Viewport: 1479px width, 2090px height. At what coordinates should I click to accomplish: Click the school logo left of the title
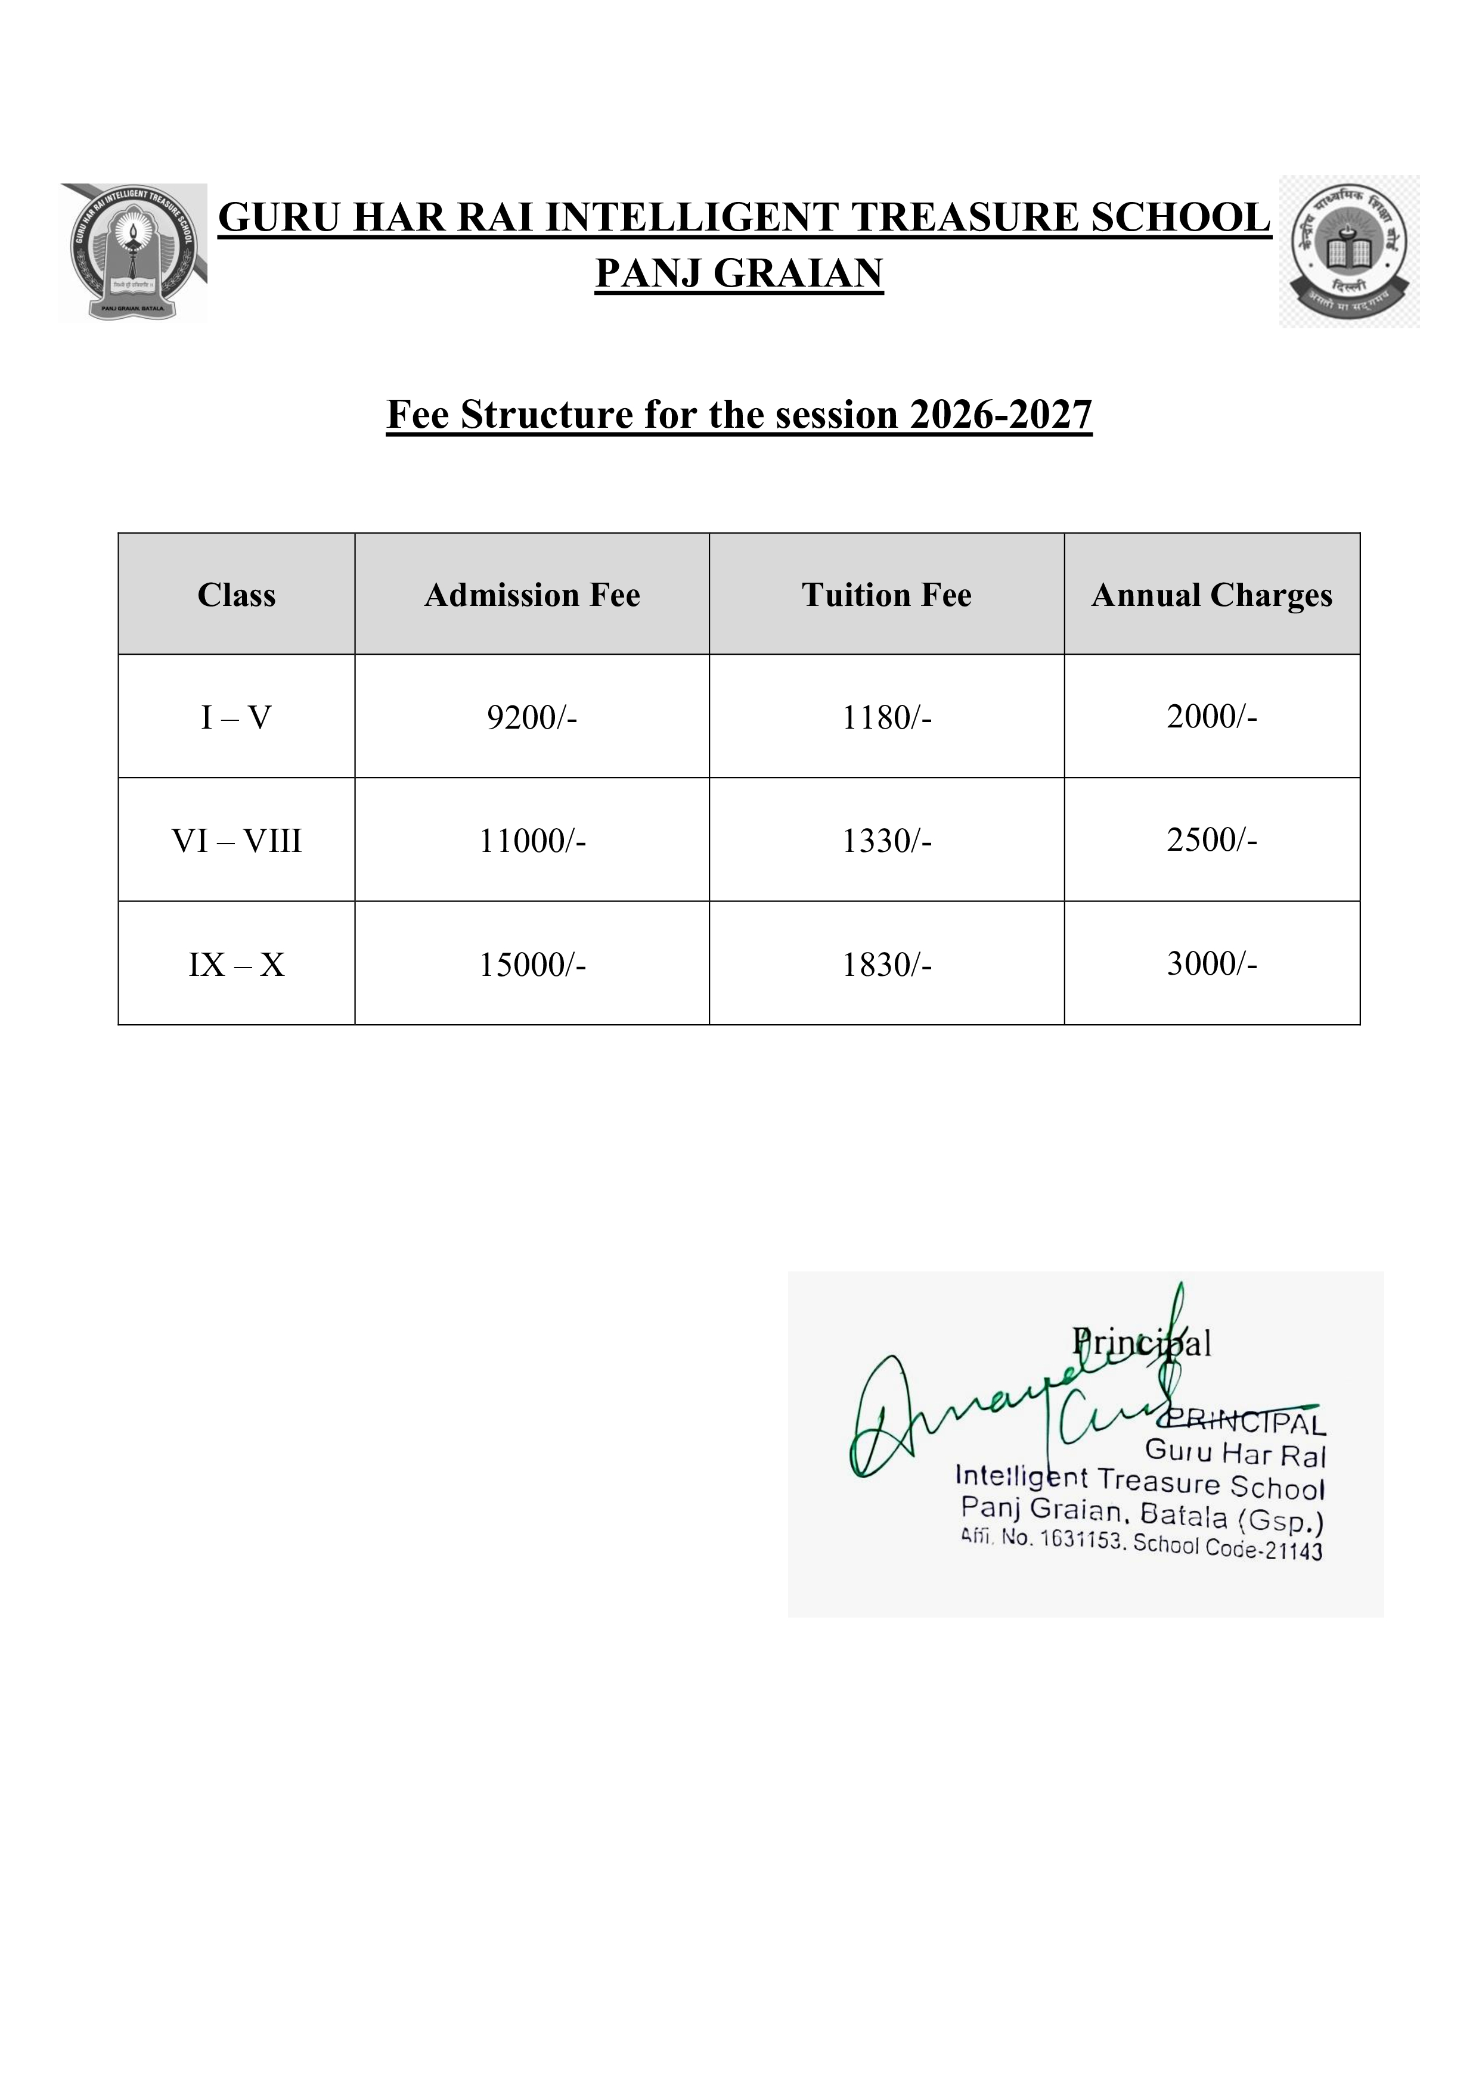134,253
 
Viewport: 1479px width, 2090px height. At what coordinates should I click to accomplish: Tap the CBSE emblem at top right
1349,251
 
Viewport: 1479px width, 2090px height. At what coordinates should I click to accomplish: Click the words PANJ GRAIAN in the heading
739,273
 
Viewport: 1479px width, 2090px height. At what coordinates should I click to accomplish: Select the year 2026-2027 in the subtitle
1000,415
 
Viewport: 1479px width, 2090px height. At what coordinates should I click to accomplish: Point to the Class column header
236,595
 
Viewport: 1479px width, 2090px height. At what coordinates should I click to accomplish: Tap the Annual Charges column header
1211,595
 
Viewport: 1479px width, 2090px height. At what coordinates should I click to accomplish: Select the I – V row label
236,718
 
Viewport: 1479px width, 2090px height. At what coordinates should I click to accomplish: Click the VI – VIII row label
236,840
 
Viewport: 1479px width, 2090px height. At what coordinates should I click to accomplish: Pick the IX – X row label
236,964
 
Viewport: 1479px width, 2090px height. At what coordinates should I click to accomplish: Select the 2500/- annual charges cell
1211,839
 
